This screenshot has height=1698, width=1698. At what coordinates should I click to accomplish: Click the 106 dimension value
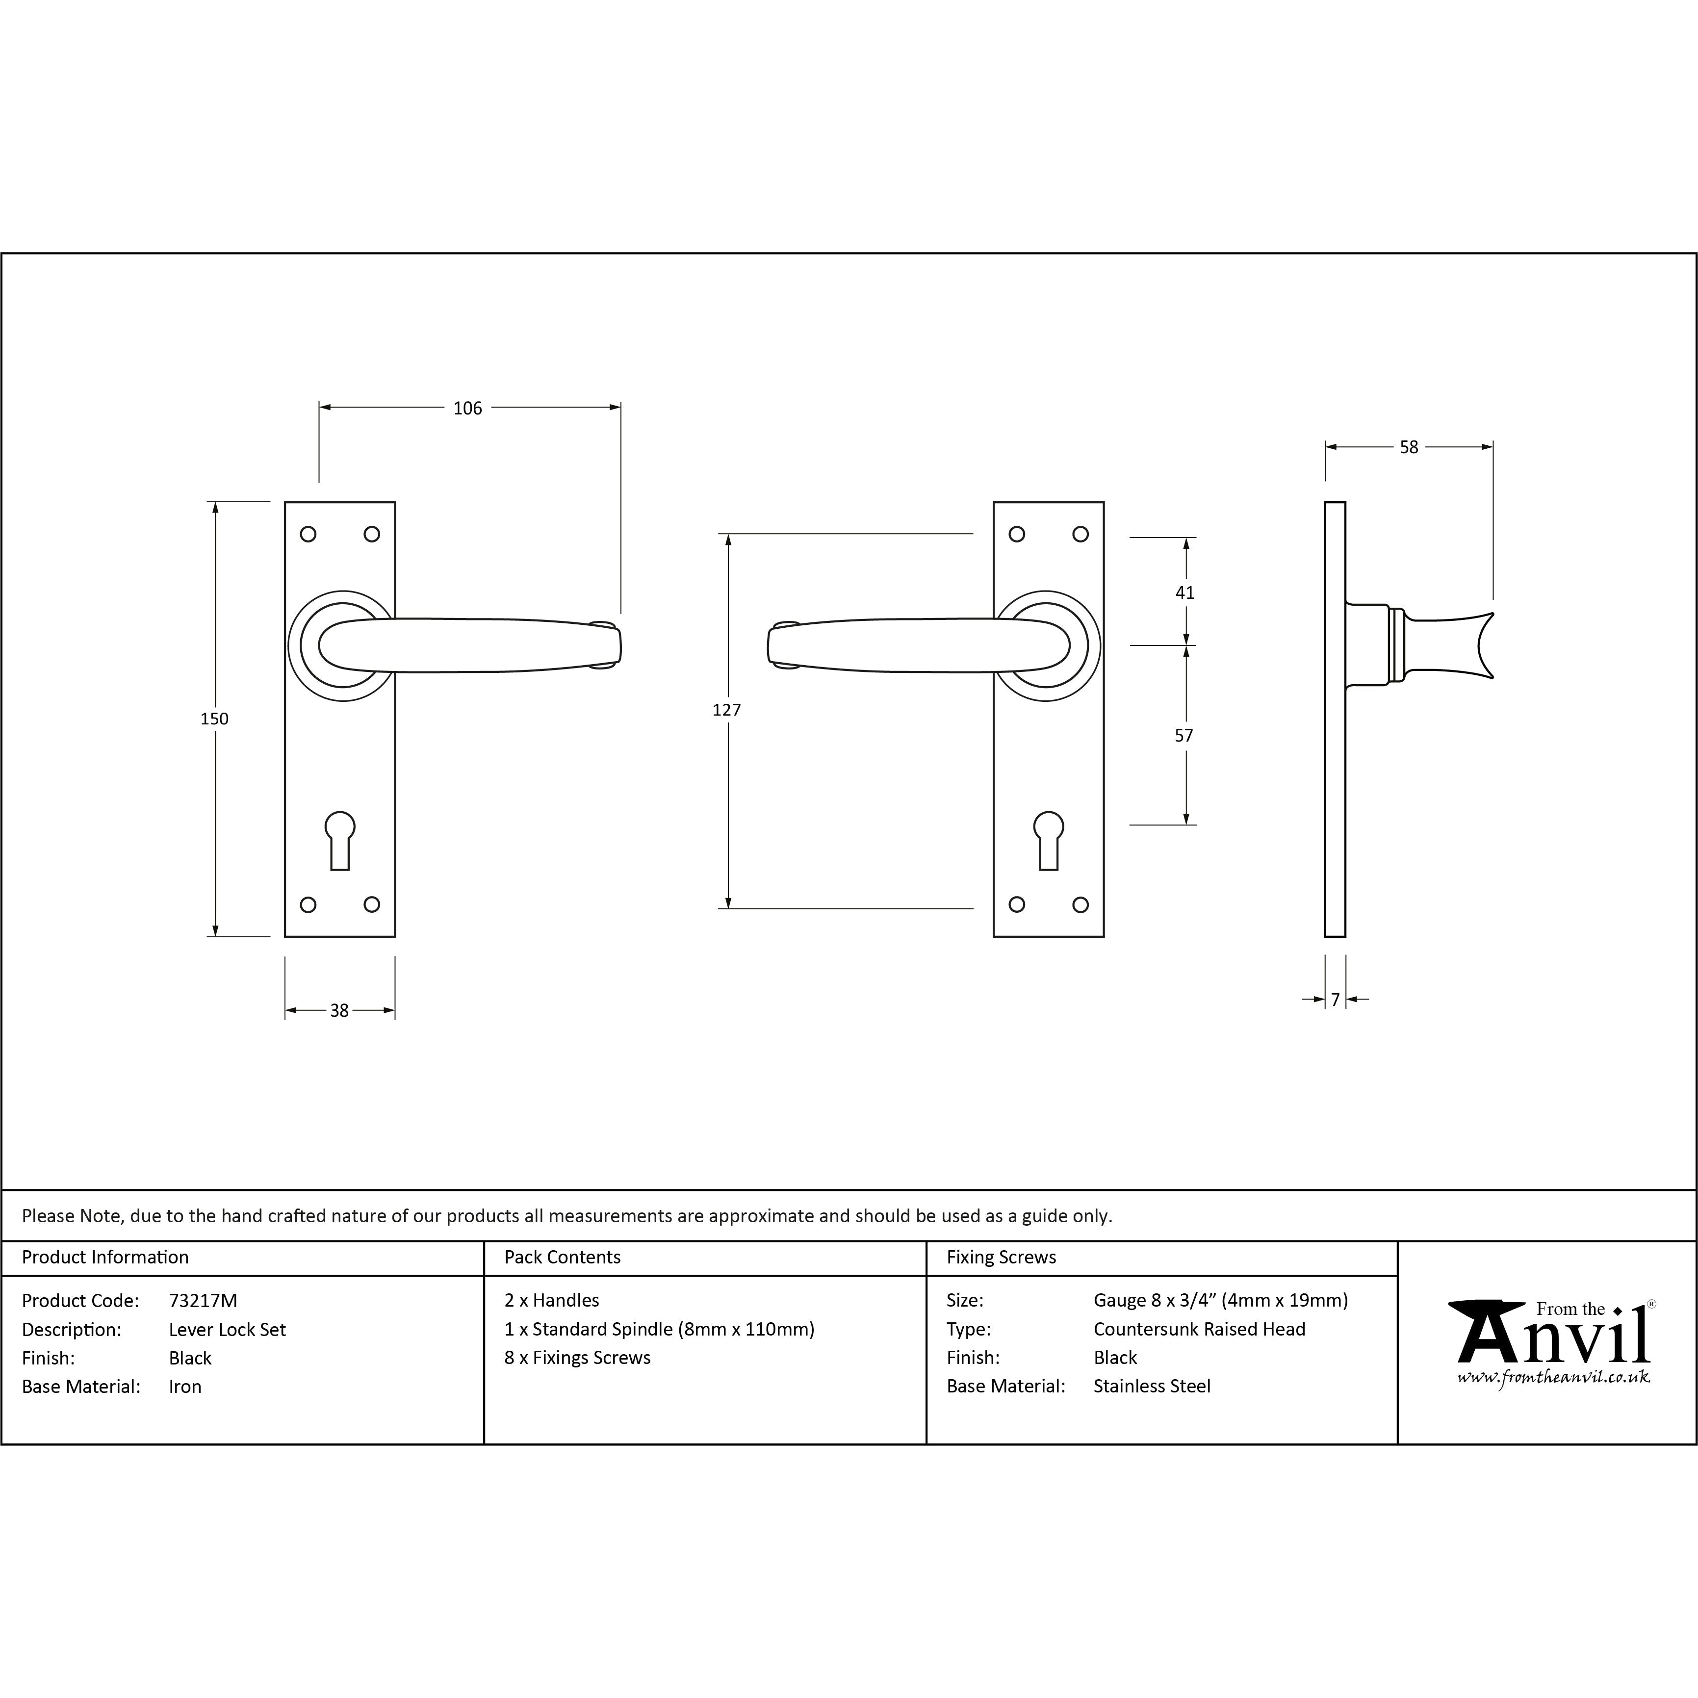coord(467,408)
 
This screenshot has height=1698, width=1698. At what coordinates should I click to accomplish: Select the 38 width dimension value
coord(339,1011)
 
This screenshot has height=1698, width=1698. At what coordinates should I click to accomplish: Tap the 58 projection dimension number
coord(1409,447)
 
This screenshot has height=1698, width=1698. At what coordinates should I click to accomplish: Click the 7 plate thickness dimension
coord(1335,999)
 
